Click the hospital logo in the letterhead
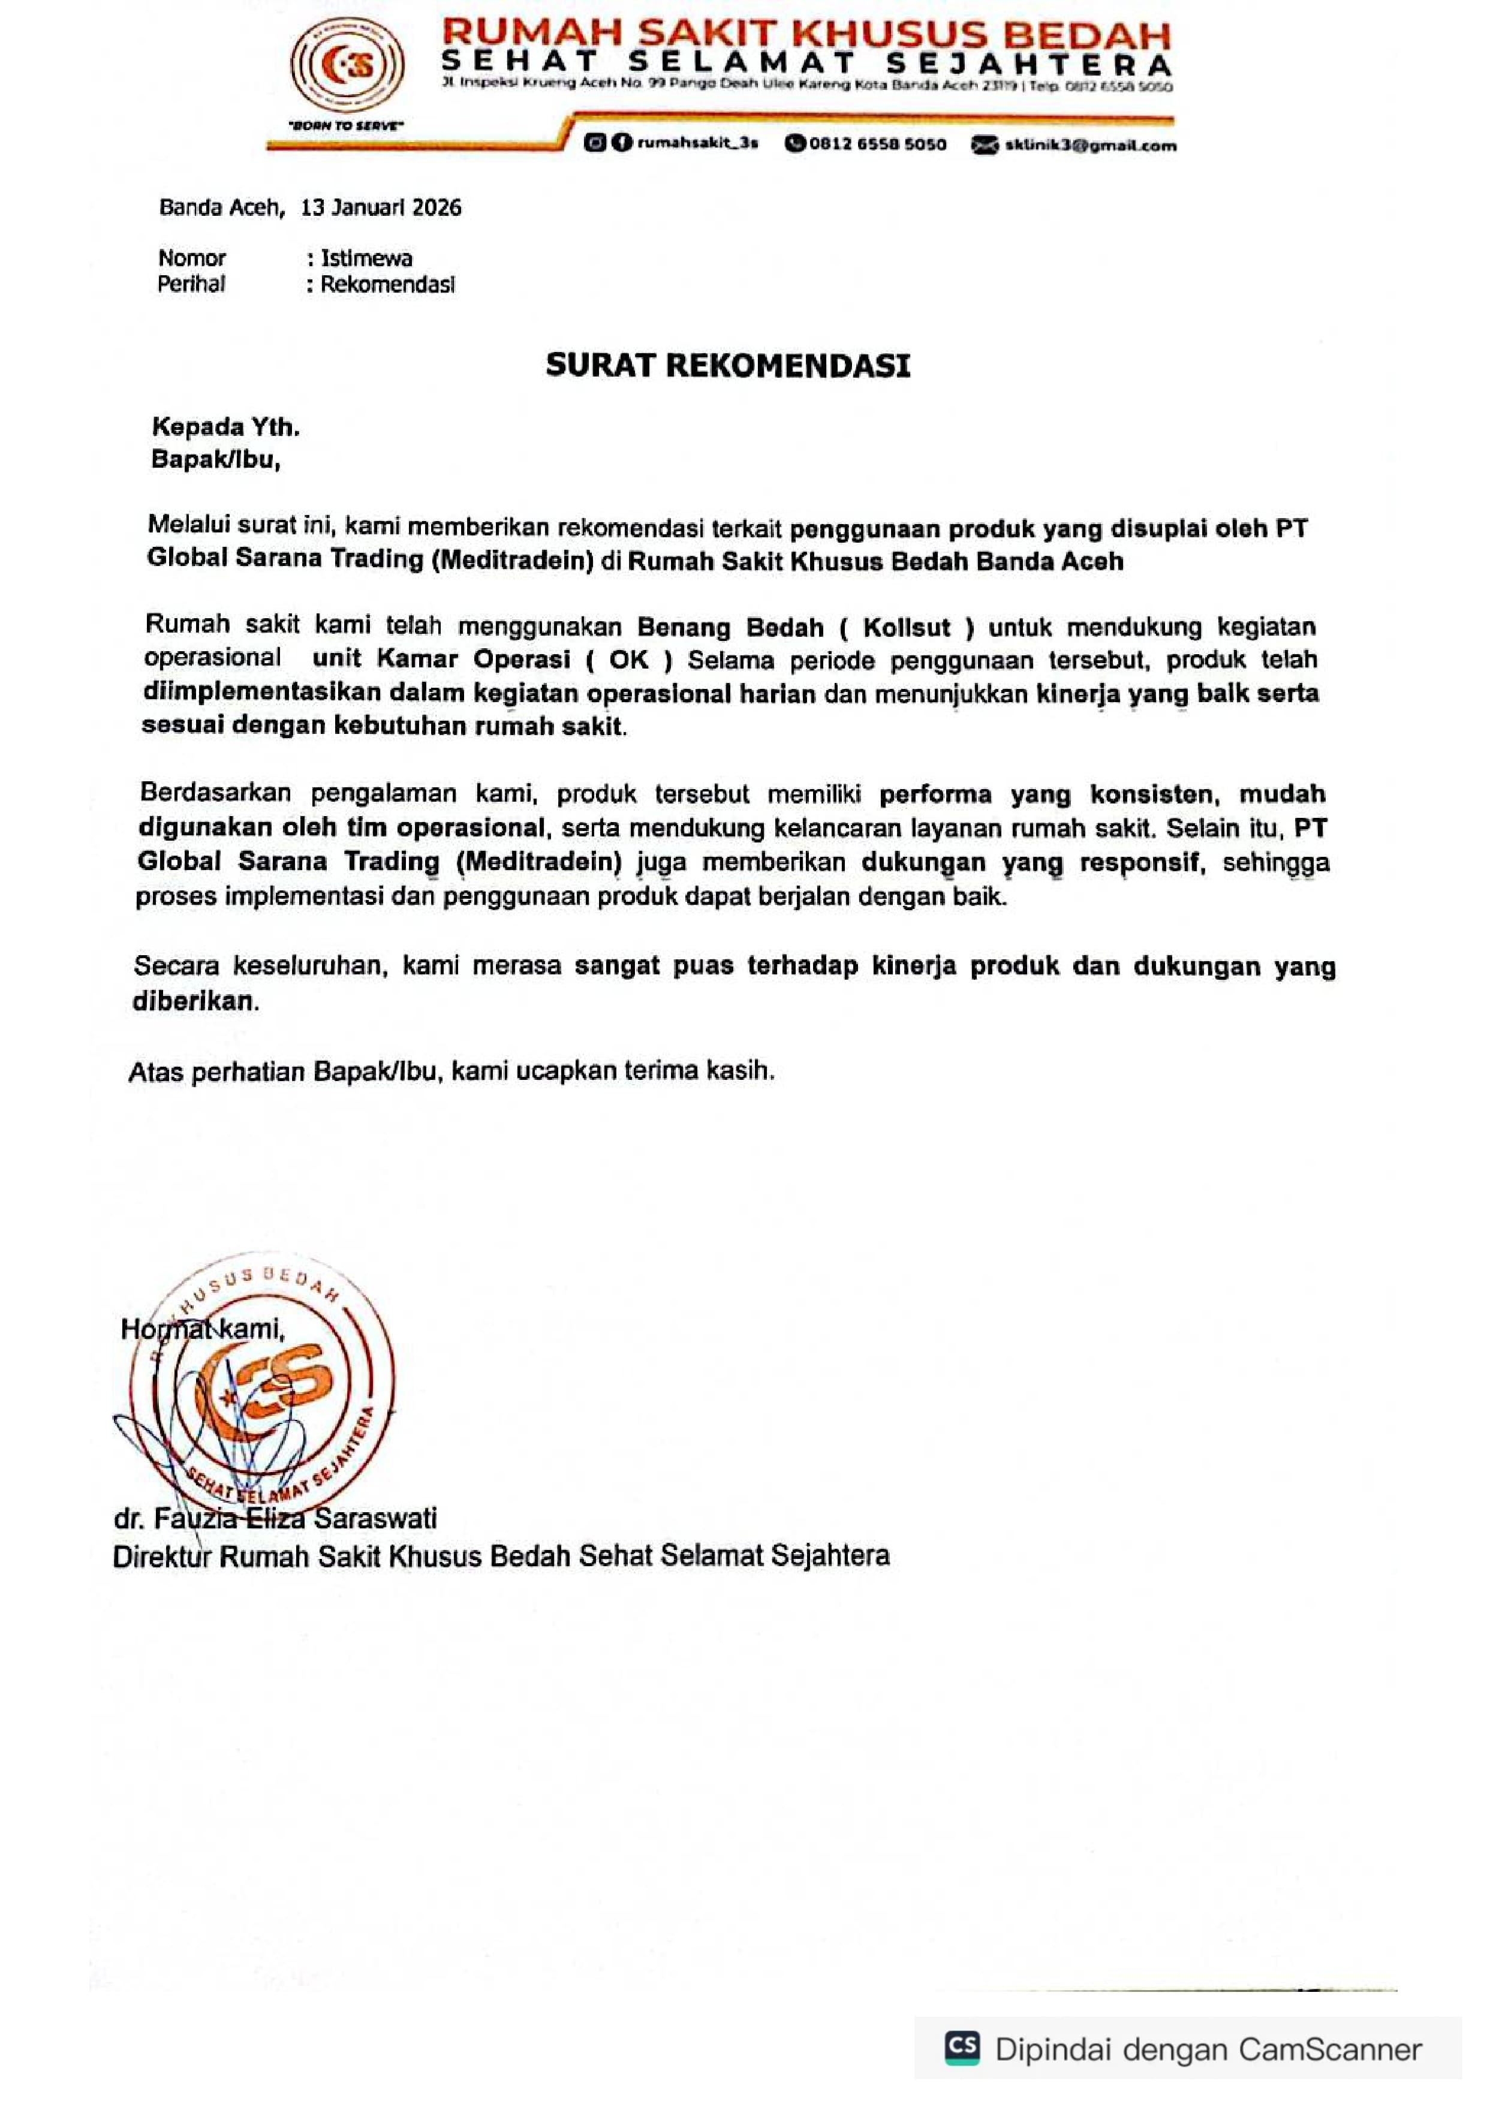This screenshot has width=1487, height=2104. pos(347,66)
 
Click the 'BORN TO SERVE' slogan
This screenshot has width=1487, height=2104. pos(347,125)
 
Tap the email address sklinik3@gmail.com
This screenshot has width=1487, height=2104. pos(1089,145)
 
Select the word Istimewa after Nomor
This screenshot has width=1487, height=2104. pos(366,258)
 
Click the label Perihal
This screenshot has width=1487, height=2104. pos(191,284)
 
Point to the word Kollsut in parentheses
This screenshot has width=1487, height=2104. pos(906,628)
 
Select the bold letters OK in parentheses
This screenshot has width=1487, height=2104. pos(628,660)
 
